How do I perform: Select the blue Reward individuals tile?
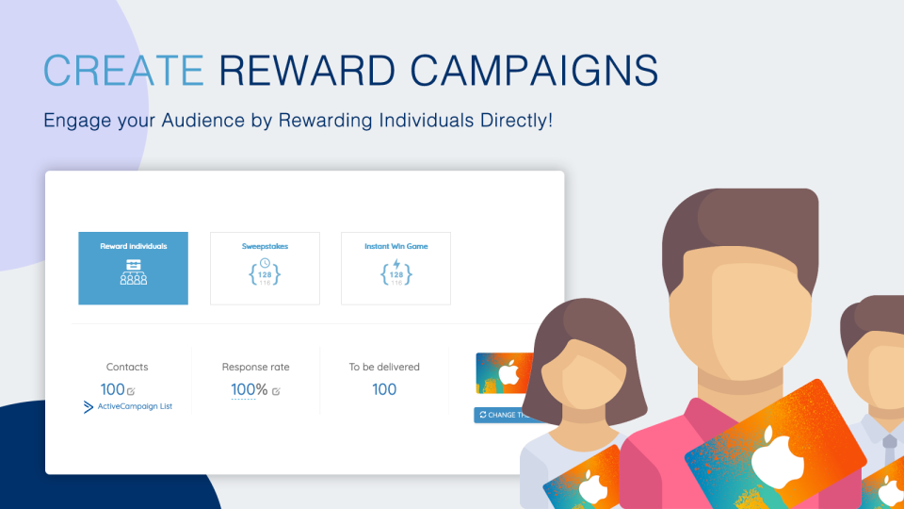133,268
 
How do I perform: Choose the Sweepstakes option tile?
265,268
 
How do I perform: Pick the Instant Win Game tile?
395,268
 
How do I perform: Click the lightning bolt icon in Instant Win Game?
396,264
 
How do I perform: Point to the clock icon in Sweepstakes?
265,263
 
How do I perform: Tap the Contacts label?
127,367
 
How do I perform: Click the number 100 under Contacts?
112,389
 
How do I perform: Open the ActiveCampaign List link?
135,406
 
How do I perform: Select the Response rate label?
255,367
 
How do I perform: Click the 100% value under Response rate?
249,389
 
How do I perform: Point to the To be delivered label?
384,367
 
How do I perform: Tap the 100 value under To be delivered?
384,389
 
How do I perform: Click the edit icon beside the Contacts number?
131,391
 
